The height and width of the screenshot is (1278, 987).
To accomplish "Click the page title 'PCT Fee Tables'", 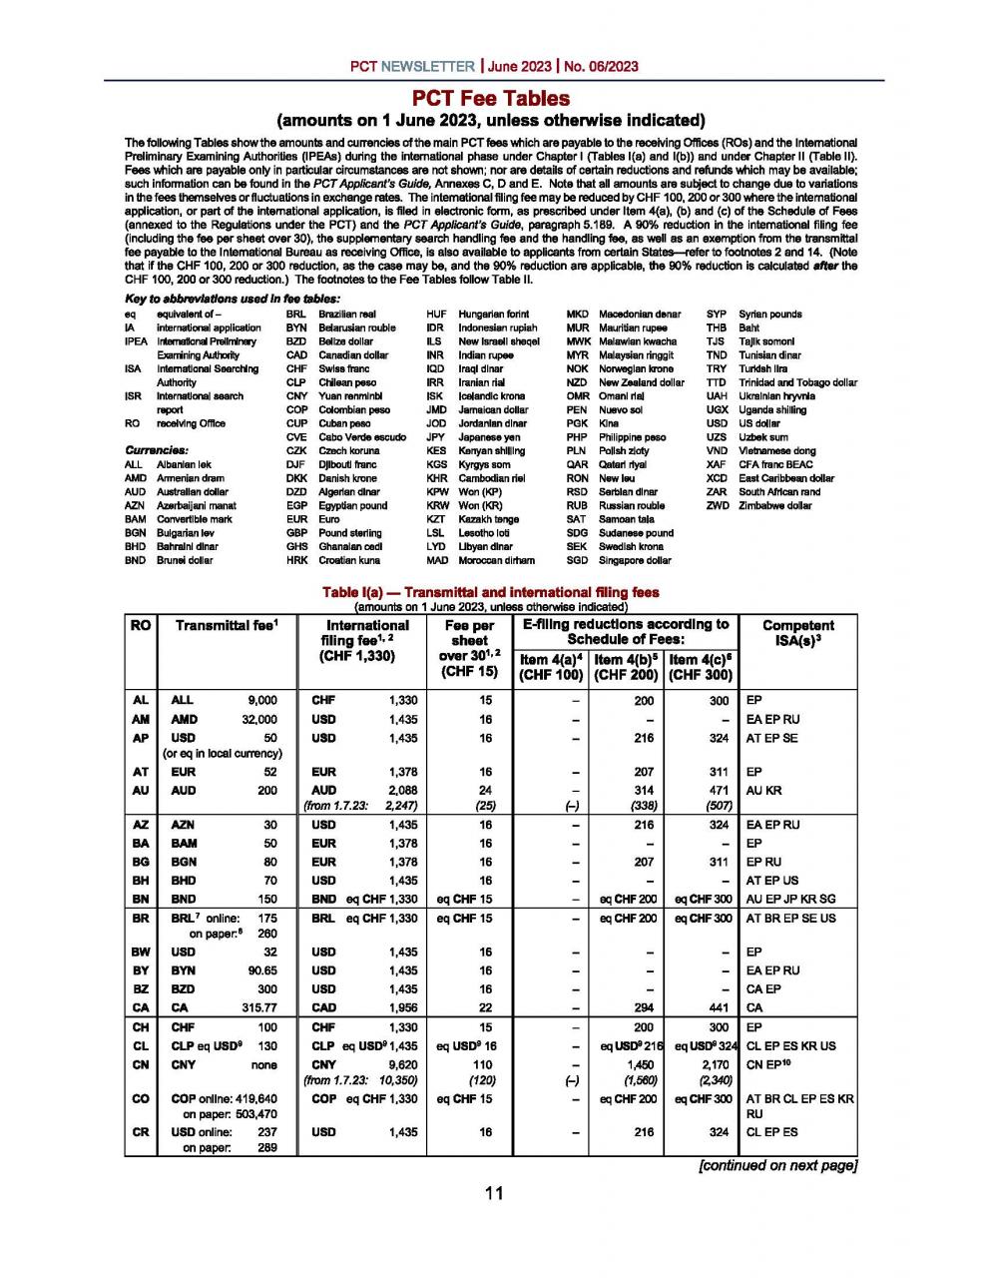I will tap(491, 99).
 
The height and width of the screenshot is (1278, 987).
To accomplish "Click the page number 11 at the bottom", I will tap(494, 1192).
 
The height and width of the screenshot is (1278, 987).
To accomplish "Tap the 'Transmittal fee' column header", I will tap(226, 626).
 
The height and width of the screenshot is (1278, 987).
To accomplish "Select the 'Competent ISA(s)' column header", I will tap(797, 634).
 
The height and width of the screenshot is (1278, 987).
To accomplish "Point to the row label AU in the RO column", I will tap(140, 790).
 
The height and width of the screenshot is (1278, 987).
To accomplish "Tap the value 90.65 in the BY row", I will tap(261, 970).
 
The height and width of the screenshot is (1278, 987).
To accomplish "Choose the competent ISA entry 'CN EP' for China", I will tap(767, 1065).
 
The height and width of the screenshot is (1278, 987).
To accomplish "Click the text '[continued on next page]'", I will tap(777, 1165).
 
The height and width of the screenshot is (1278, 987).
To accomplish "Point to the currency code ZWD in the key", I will tap(717, 505).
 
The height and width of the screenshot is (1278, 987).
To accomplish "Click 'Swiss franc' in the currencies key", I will tap(343, 368).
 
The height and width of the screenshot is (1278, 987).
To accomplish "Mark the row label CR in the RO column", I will tap(140, 1132).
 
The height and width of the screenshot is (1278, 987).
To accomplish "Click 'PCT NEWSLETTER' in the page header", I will tap(412, 67).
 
